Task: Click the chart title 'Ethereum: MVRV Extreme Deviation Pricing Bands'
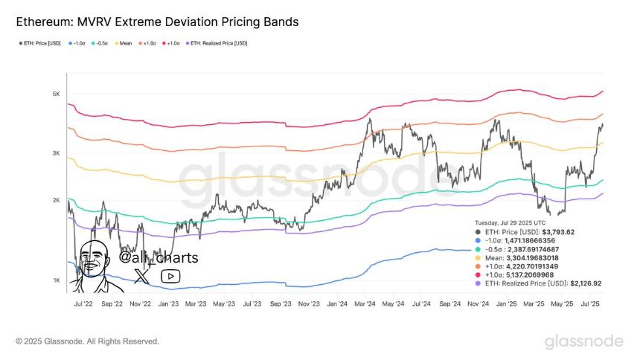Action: (x=157, y=22)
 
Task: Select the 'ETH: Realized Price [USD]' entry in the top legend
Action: (x=220, y=43)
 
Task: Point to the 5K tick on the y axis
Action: (x=56, y=94)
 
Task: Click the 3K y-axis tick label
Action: (x=56, y=153)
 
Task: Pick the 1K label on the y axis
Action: (x=56, y=280)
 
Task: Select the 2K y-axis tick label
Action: (x=56, y=201)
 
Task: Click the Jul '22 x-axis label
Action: (x=83, y=304)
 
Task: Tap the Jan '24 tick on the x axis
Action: (x=338, y=304)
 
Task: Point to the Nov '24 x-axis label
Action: (x=479, y=304)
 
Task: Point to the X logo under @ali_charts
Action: (x=141, y=276)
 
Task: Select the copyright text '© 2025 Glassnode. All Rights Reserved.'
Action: (x=87, y=341)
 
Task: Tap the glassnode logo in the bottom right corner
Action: (x=584, y=341)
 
